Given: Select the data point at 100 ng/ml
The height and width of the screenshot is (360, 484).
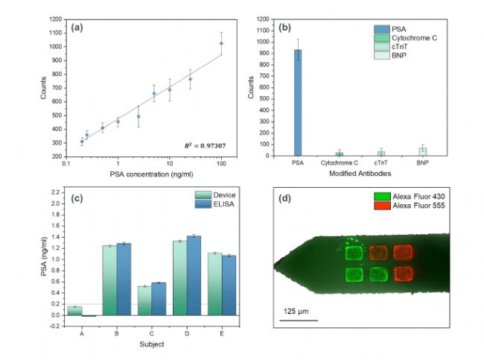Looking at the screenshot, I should pos(221,44).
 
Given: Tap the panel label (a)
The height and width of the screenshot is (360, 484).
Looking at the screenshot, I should pos(77,28).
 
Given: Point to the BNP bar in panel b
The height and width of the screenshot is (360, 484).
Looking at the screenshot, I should pos(422,151).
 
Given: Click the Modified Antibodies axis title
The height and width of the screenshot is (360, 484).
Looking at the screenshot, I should pos(360,174).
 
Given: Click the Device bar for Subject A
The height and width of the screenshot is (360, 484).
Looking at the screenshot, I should pos(74,310).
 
